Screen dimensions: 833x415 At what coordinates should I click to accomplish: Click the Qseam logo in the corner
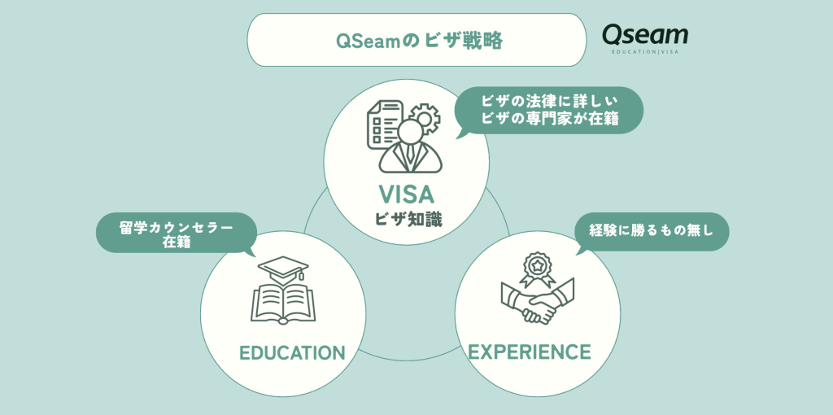(645, 38)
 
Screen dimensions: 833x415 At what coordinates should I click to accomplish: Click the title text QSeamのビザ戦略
(419, 41)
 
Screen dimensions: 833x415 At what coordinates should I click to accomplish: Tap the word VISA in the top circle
(407, 194)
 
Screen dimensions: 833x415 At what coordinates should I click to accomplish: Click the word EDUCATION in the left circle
(292, 352)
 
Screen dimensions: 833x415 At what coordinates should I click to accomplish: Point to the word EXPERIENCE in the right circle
(529, 352)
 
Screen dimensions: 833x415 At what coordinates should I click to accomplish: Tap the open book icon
(283, 304)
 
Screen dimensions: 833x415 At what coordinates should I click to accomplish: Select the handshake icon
(538, 300)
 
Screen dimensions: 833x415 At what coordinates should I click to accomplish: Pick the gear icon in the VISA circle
(423, 119)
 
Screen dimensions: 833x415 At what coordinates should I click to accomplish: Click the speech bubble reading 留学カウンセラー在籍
(176, 234)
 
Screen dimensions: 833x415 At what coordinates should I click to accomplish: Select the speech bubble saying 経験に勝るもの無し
(652, 232)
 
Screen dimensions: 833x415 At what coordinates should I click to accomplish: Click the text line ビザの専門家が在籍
(550, 119)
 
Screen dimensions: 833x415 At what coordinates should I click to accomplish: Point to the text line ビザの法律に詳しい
(549, 100)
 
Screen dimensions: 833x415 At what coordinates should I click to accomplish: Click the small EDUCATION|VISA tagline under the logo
(645, 51)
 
